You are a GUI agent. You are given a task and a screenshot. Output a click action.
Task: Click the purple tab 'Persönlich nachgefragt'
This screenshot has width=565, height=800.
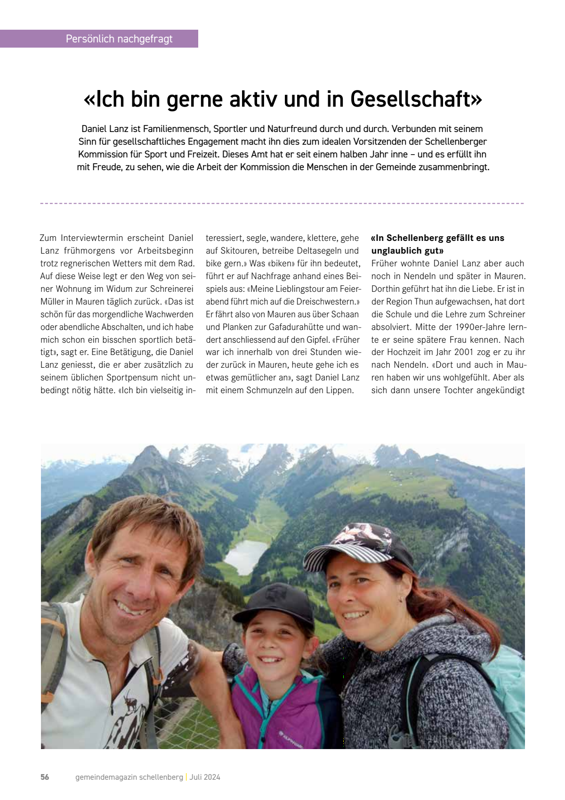click(x=119, y=39)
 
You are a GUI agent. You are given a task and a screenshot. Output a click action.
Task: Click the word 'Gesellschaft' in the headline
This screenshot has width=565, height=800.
click(x=416, y=99)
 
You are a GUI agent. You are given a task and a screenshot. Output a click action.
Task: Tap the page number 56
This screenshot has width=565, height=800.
click(x=45, y=777)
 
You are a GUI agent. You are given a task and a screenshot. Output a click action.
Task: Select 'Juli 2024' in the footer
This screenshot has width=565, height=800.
click(x=205, y=777)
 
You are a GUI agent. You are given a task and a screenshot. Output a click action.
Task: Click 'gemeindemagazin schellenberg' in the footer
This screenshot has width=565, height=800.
click(x=129, y=777)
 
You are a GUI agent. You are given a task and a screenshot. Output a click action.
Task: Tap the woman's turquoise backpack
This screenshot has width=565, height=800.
click(x=513, y=679)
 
